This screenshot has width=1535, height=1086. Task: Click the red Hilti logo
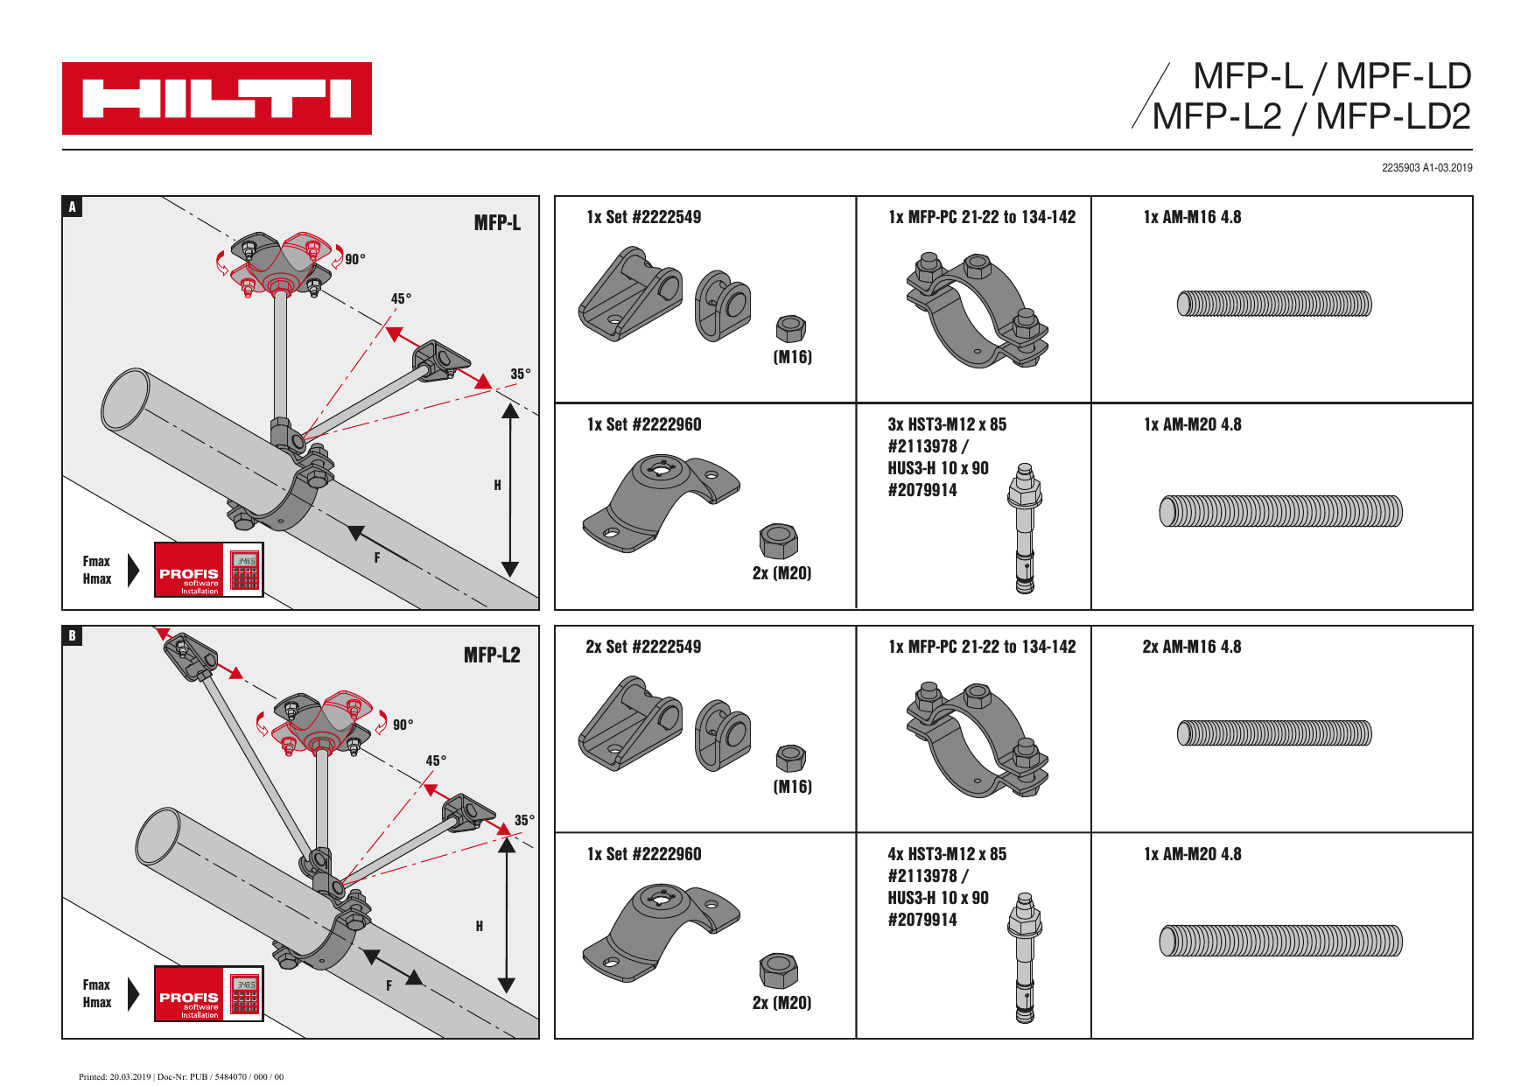click(216, 98)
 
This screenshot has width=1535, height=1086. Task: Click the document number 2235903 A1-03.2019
click(1426, 168)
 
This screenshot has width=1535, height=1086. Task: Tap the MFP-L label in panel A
click(497, 223)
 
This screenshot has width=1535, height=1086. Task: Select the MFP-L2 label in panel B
click(492, 655)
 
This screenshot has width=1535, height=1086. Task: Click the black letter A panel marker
click(73, 207)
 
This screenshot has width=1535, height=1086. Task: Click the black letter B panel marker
click(73, 636)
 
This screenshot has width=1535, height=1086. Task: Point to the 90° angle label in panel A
click(355, 259)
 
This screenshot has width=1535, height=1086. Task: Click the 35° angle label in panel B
click(524, 821)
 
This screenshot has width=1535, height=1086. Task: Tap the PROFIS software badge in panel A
click(208, 570)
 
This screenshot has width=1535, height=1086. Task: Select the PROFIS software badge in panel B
click(208, 993)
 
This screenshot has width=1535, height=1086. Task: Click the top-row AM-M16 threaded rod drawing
click(1274, 304)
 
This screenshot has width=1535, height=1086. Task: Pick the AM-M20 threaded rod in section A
click(1280, 511)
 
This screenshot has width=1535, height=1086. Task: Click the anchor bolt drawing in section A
click(1025, 529)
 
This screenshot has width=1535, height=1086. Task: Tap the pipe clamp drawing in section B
click(978, 739)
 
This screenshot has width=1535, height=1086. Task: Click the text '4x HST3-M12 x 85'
click(947, 854)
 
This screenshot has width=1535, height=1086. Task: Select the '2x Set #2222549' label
click(643, 647)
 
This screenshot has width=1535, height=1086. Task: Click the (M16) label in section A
click(793, 357)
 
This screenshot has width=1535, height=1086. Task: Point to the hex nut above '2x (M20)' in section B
click(778, 971)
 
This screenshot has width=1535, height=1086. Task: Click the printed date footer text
click(181, 1077)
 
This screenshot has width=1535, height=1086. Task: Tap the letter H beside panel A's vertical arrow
click(498, 486)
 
